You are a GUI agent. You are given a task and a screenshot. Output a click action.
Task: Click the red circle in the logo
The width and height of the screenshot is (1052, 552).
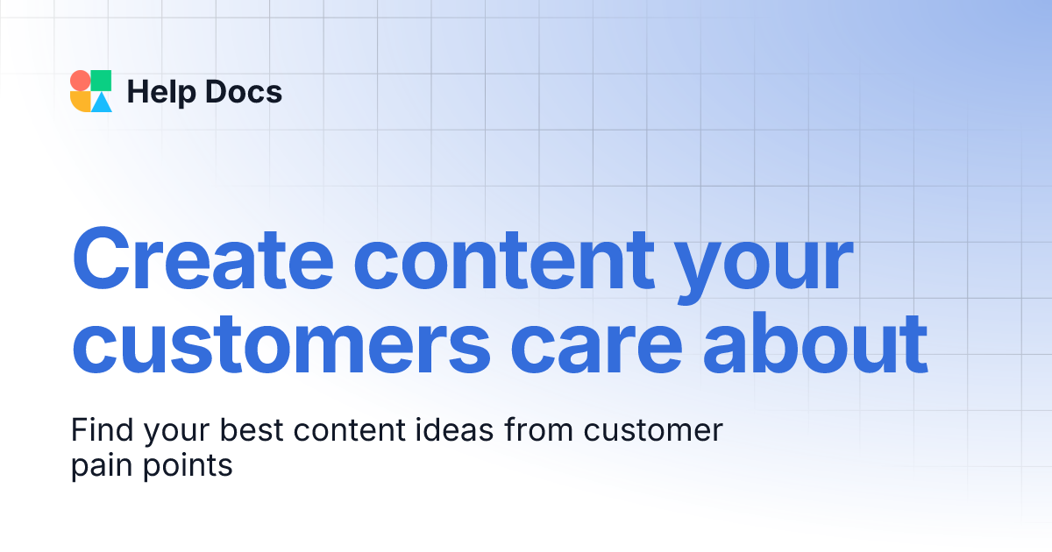(x=80, y=81)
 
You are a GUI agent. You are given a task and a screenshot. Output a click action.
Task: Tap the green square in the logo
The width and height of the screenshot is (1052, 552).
(x=102, y=81)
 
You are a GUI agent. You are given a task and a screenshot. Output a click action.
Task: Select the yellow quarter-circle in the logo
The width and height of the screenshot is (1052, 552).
(x=81, y=102)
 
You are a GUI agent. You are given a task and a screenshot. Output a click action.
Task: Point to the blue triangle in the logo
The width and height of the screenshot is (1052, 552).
(x=103, y=103)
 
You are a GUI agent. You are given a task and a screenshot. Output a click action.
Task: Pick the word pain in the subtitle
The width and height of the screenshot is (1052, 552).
(x=100, y=465)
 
